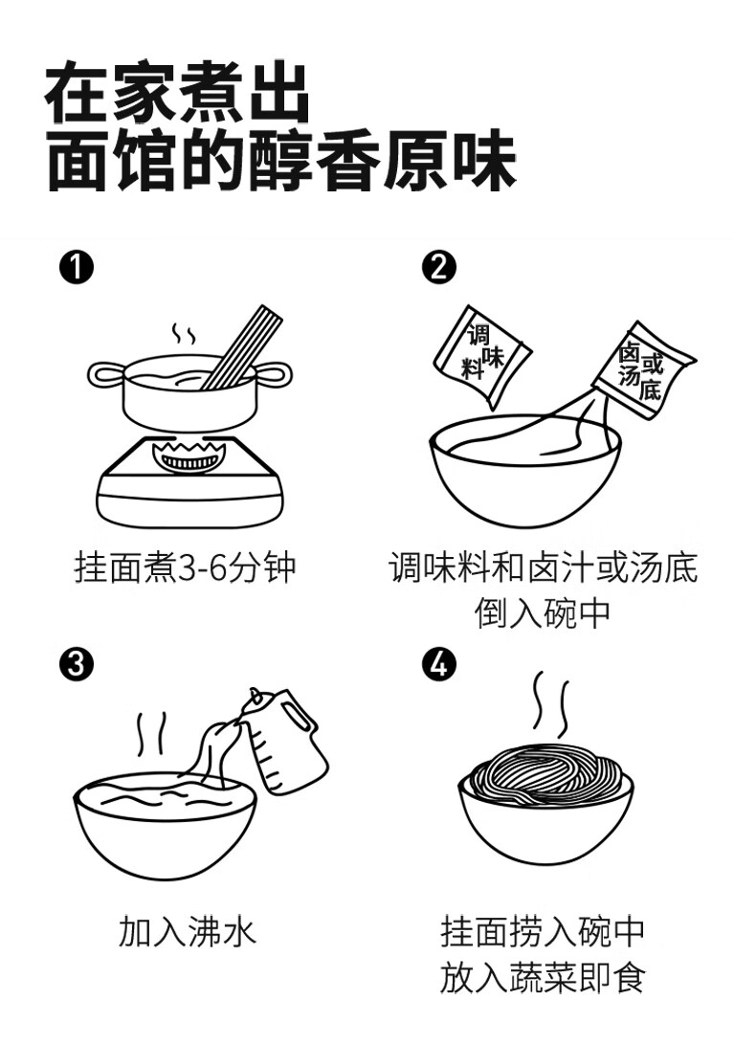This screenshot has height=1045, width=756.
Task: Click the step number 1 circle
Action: [77, 267]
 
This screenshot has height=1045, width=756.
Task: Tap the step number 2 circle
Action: [438, 267]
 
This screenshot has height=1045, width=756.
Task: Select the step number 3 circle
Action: [77, 663]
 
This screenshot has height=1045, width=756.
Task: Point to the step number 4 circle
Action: [438, 663]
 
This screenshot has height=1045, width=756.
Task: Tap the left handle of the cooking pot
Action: [104, 376]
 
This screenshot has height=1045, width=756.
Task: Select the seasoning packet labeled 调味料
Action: [482, 355]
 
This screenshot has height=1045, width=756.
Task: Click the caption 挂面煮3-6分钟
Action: [186, 567]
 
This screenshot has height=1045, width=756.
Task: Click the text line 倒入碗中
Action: [543, 613]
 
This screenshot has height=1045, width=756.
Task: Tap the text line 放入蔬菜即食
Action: [543, 978]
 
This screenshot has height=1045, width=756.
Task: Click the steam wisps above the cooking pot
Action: [183, 335]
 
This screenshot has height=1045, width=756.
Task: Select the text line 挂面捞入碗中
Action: [543, 931]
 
